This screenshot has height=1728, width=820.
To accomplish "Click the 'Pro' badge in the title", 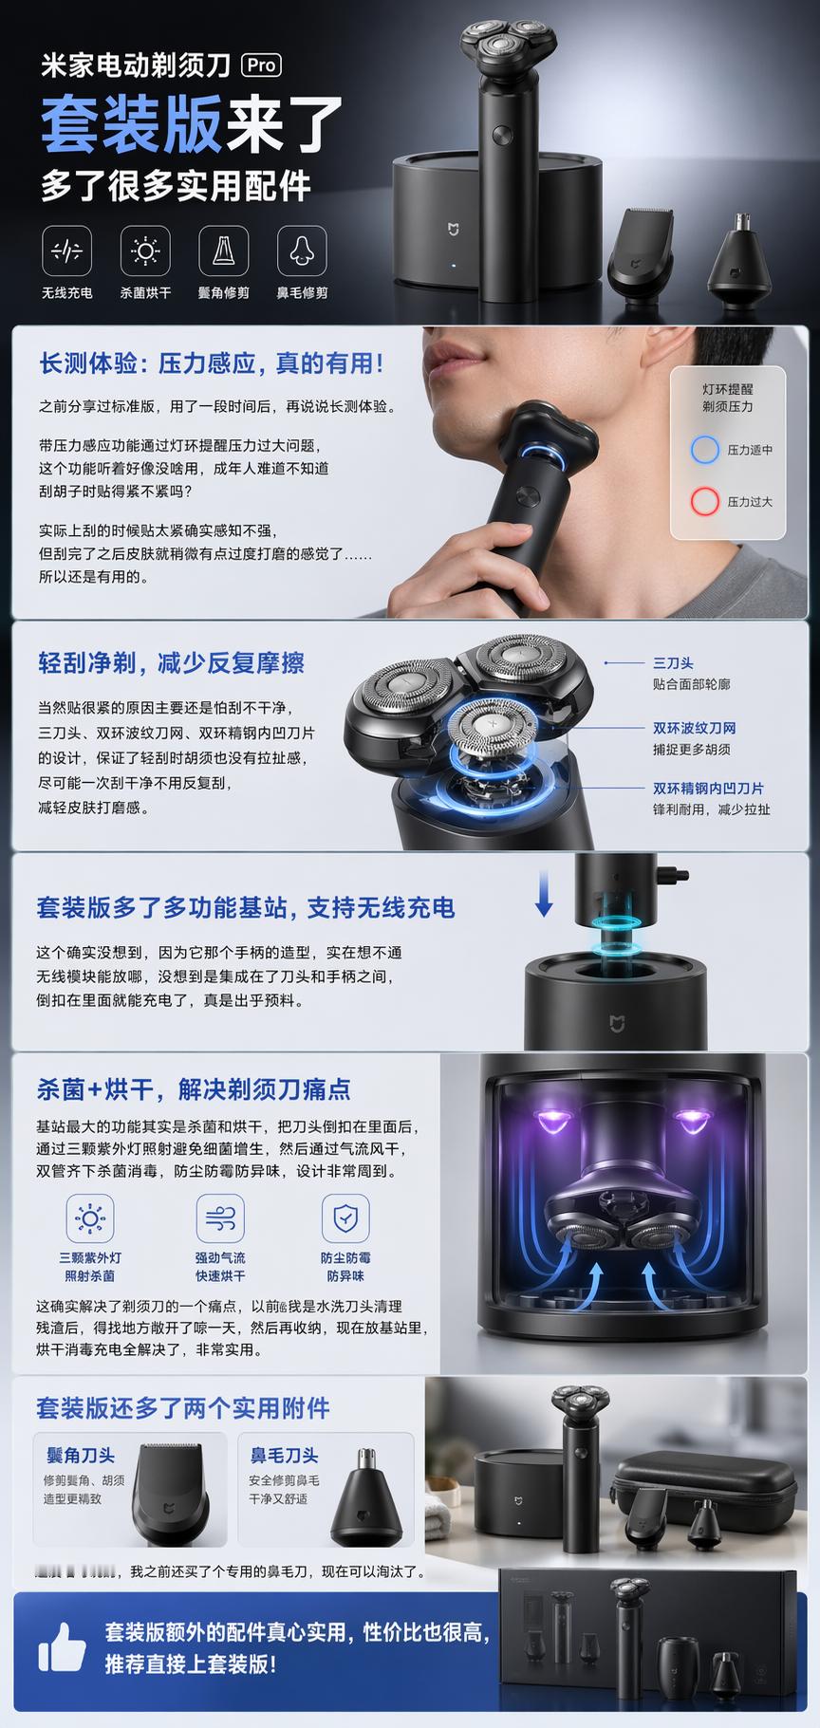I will click(262, 65).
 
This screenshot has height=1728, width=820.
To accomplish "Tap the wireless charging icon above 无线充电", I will click(67, 251).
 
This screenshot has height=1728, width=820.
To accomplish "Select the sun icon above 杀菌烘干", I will click(145, 251).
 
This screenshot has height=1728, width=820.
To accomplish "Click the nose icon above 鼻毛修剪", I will click(302, 251).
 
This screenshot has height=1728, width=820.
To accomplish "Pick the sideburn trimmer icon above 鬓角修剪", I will click(224, 251).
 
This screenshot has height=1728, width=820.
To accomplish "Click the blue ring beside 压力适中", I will click(704, 450).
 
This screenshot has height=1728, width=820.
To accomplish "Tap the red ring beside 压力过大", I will click(704, 501).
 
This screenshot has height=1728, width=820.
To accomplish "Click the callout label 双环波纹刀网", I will click(694, 728).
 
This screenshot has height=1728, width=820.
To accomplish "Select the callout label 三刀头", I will click(672, 663).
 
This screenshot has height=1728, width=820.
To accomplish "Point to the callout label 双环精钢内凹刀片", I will click(708, 788).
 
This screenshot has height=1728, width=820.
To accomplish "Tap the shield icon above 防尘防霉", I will click(345, 1217).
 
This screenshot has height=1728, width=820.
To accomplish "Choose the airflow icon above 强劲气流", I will click(220, 1217).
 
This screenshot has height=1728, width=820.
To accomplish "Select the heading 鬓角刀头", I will click(81, 1455).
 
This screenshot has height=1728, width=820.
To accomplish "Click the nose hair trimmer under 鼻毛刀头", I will click(365, 1499).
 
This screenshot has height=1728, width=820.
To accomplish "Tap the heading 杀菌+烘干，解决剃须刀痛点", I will click(194, 1088).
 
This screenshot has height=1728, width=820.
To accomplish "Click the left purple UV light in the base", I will click(550, 1121).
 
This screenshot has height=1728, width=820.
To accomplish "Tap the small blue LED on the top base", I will click(454, 267).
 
